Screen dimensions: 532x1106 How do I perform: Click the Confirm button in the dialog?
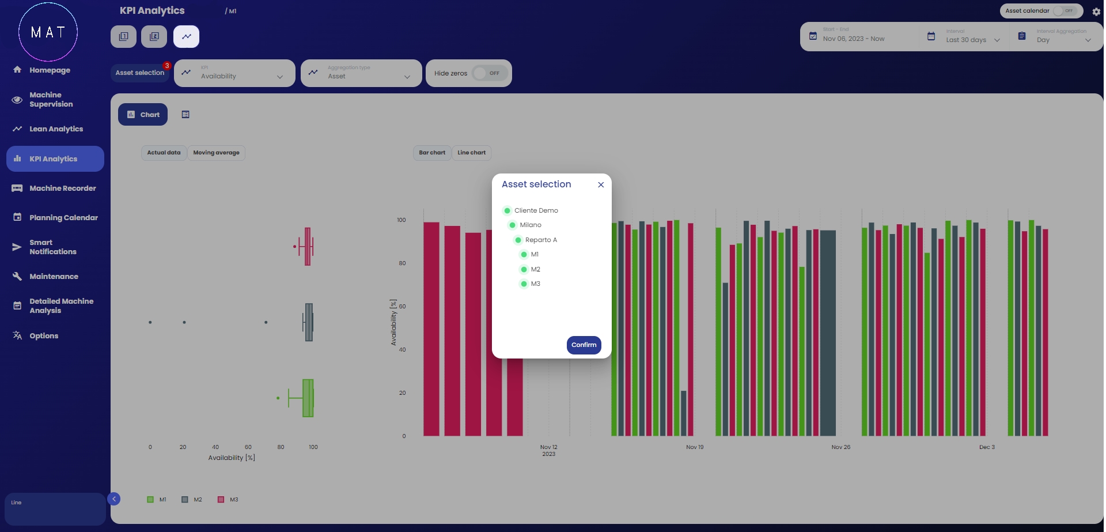[584, 345]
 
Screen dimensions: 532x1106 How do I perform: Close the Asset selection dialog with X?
[601, 184]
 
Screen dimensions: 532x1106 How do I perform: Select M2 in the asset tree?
[535, 269]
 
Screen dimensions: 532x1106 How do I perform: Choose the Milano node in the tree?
[530, 225]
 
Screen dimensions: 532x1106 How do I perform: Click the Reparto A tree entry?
[540, 240]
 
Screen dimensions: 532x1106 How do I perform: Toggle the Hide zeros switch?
[489, 73]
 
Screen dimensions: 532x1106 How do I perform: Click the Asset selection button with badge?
[140, 73]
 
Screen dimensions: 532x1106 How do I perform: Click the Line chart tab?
[471, 153]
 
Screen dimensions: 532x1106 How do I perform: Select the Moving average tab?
[216, 153]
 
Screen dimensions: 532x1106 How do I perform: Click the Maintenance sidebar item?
[54, 277]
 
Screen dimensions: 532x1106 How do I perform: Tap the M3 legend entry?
[228, 500]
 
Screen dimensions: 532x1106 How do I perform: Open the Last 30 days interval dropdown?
[972, 40]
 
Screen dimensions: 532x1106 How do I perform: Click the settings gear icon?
[1096, 12]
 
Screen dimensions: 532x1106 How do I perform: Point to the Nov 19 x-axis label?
[695, 447]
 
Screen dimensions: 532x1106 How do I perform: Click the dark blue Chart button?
[143, 115]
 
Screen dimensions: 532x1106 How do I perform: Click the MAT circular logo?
[48, 32]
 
